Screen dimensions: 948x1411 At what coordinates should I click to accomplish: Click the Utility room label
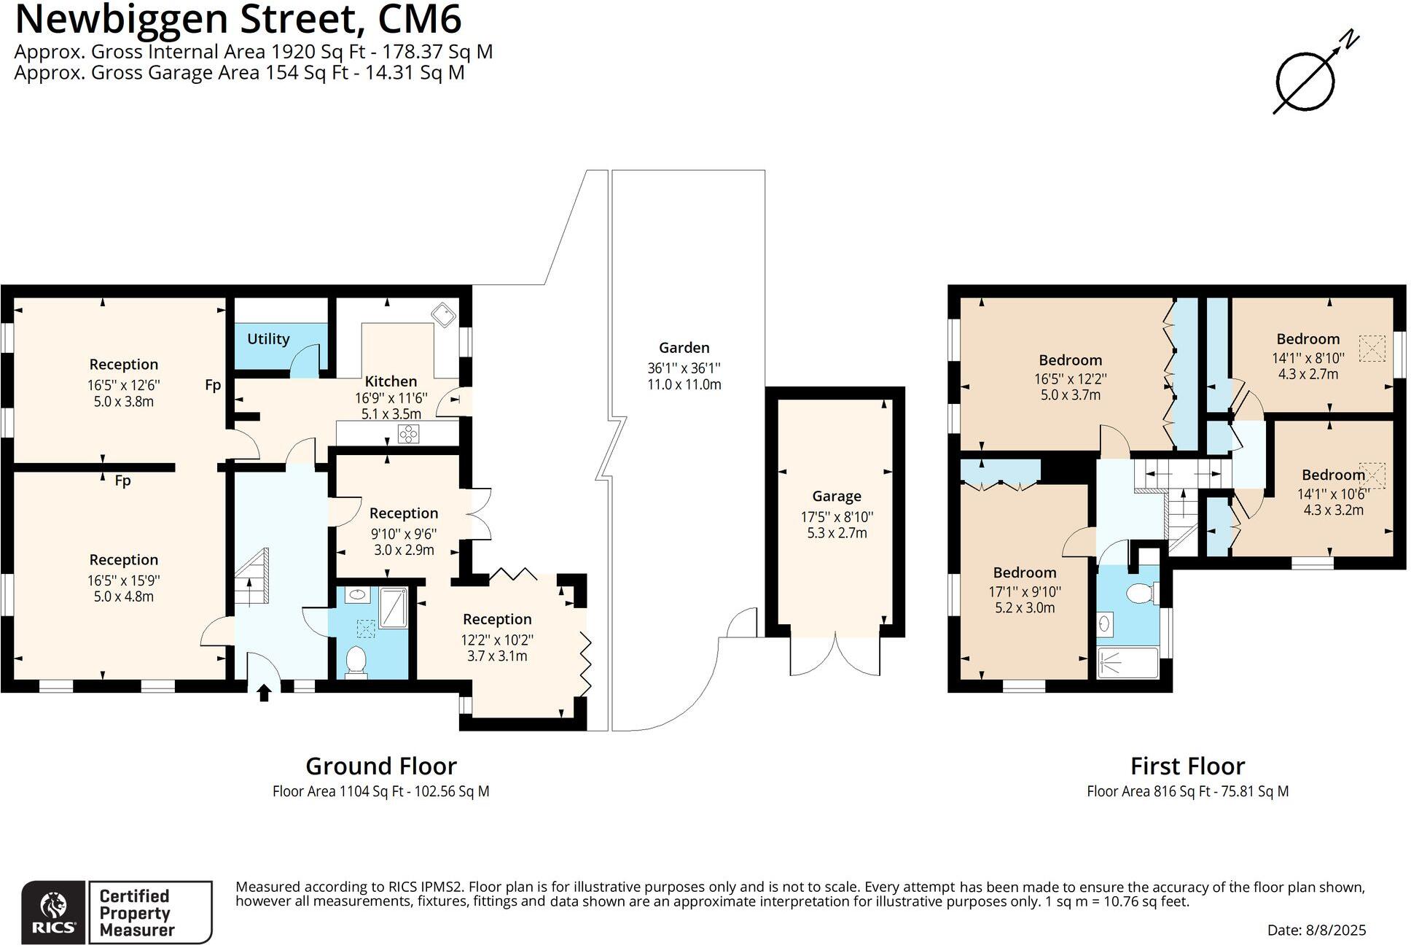coord(268,339)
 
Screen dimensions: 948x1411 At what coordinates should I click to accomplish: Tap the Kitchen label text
coord(391,381)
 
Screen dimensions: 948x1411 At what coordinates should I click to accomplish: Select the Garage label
coord(836,497)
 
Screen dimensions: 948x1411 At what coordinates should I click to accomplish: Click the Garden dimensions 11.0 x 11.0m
coord(684,385)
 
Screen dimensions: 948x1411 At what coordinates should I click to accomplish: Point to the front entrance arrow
coord(265,693)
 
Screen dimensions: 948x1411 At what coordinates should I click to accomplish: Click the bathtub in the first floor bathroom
coord(1127,663)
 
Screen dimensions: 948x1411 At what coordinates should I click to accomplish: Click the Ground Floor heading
coord(380,766)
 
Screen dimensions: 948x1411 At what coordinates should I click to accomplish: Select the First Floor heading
coord(1187,766)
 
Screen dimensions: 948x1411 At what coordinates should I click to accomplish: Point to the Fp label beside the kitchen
coord(212,385)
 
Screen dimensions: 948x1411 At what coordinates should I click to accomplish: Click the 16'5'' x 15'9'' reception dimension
coord(123,580)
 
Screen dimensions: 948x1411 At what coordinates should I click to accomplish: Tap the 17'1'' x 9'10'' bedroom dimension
coord(1024,592)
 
